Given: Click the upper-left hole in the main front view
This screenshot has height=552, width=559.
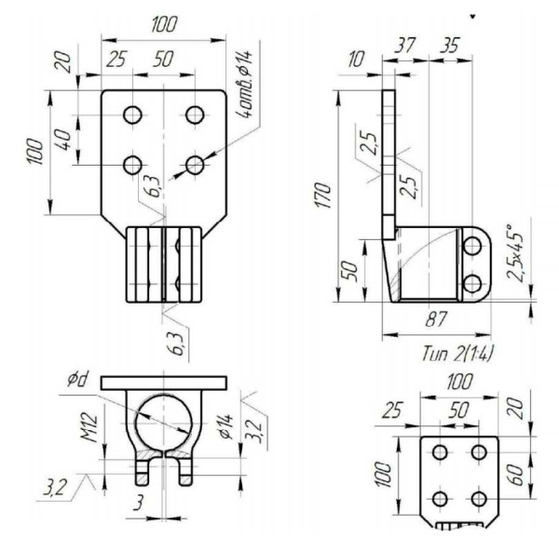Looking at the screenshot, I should tap(133, 114).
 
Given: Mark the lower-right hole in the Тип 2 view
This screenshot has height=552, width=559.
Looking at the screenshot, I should tap(479, 497).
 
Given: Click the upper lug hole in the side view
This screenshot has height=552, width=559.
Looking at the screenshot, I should tap(472, 246).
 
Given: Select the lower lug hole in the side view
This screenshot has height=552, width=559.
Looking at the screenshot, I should tap(472, 282).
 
